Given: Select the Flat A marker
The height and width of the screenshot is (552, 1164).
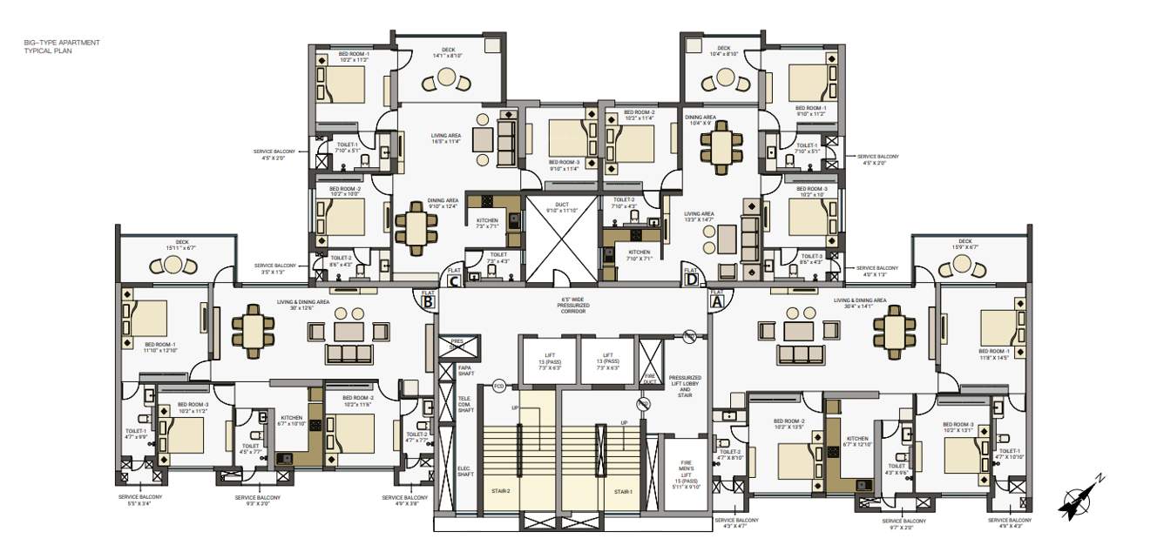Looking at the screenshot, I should pos(718,300).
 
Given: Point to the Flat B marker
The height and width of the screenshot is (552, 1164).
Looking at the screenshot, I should pos(428,301).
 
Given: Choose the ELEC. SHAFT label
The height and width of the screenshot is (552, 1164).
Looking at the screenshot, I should pos(465,471).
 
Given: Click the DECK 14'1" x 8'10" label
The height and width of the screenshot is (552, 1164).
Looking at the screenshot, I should pos(449,53).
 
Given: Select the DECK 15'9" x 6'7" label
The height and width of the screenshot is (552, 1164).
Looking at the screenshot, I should pos(964,245).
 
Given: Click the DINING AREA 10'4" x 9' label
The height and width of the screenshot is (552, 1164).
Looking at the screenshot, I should pos(700,120).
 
